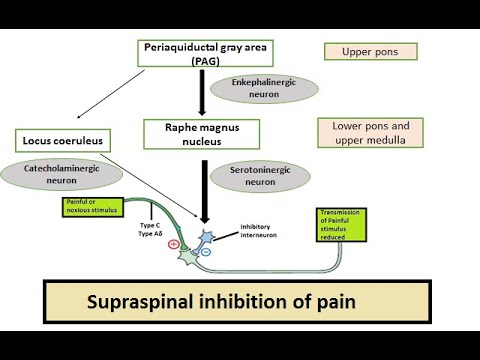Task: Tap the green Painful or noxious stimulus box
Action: tap(87, 207)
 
